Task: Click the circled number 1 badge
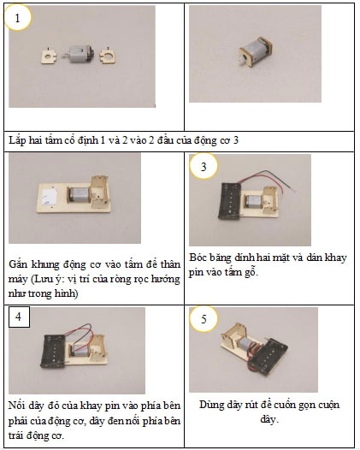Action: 17,18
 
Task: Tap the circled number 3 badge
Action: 204,167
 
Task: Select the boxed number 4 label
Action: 19,317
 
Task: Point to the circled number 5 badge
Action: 204,319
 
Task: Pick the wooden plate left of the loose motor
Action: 49,56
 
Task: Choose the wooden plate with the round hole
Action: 109,56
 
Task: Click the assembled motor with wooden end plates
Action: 255,51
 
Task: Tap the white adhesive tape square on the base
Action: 51,197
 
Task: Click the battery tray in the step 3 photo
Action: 230,201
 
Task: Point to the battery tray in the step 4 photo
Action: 53,352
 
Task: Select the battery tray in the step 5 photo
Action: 269,357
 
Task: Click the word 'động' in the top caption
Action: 205,140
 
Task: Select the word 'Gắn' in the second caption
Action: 18,264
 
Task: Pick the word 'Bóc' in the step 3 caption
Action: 198,258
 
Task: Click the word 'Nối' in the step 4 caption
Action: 17,406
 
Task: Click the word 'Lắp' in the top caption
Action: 17,140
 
